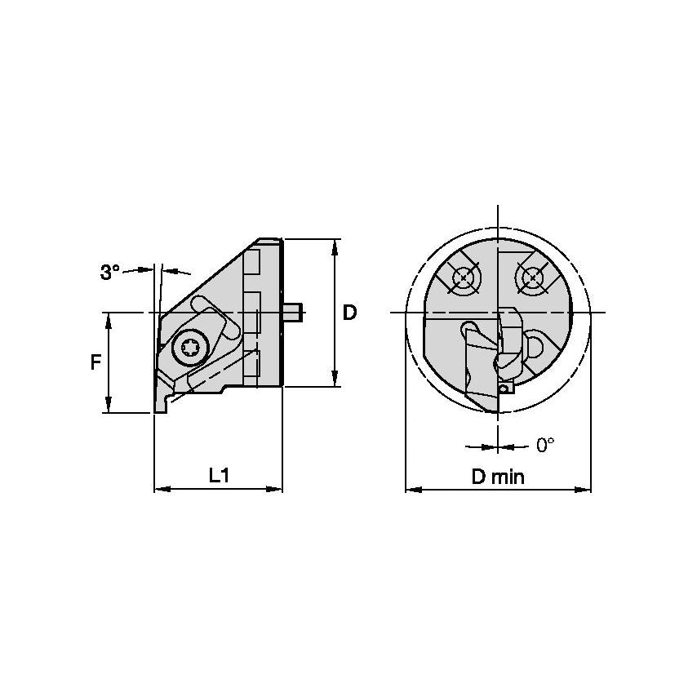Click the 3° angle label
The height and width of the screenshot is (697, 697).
[110, 273]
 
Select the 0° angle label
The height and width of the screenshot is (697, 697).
[545, 445]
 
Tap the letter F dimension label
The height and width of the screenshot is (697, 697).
[95, 362]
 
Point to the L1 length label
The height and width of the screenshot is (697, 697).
[218, 475]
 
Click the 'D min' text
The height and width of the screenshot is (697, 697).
[498, 477]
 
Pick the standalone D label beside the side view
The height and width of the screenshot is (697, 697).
[349, 313]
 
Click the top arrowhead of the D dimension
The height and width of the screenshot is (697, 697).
[335, 245]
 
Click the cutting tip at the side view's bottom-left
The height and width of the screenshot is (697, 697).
[157, 411]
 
